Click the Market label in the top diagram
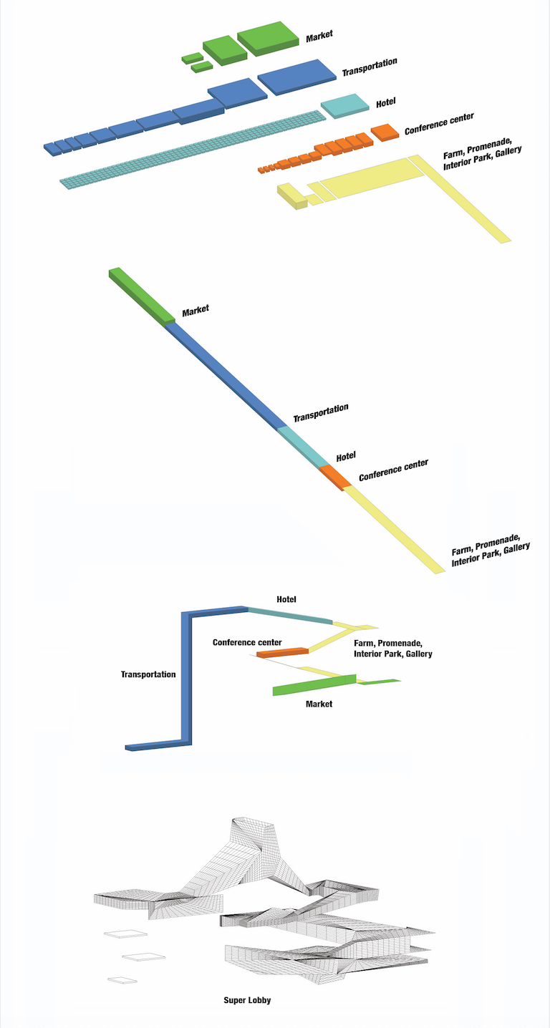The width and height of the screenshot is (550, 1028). (319, 36)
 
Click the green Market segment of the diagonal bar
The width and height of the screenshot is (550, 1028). (141, 294)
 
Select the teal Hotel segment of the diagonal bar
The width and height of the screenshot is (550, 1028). (304, 446)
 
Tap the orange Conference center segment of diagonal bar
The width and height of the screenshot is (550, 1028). (334, 476)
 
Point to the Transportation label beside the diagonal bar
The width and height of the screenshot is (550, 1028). (320, 413)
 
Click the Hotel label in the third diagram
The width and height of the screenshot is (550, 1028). (286, 599)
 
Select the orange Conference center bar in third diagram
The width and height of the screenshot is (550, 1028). (282, 652)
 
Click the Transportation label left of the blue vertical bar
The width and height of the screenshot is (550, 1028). (148, 674)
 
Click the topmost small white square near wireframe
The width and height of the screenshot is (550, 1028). (125, 934)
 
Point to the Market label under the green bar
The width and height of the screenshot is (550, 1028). (319, 704)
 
